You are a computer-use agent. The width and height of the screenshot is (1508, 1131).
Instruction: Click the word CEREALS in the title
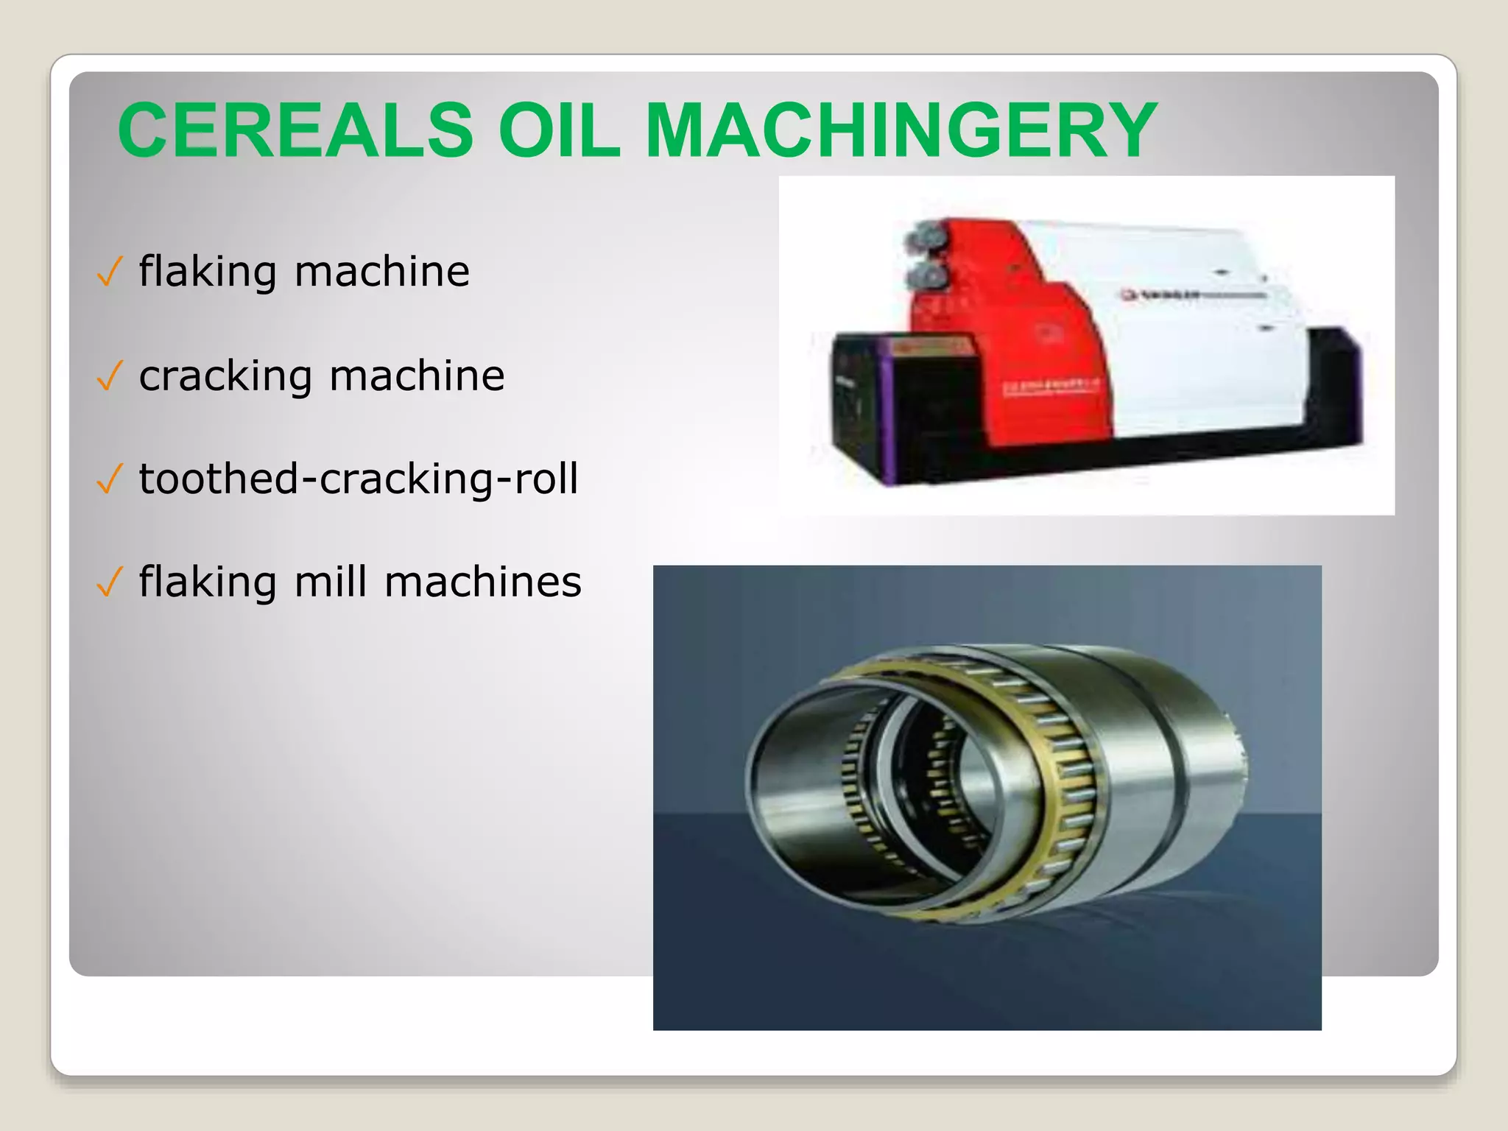tap(295, 130)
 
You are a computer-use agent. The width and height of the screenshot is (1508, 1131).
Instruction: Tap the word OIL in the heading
tap(559, 130)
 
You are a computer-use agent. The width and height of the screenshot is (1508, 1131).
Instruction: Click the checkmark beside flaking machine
tap(109, 272)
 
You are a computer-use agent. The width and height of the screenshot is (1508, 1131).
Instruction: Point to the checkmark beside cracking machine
tap(109, 377)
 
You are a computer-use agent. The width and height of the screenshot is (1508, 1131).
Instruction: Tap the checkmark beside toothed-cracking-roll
tap(109, 480)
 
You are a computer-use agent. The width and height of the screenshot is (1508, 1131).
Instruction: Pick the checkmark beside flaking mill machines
tap(109, 583)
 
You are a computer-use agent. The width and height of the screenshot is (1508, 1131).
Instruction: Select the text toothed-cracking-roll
tap(358, 479)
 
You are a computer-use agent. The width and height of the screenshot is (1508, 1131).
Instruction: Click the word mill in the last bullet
tap(331, 582)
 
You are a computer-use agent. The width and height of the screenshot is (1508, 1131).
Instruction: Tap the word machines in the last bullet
tap(483, 582)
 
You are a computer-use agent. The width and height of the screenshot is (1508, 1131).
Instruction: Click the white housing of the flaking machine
tap(1208, 353)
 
